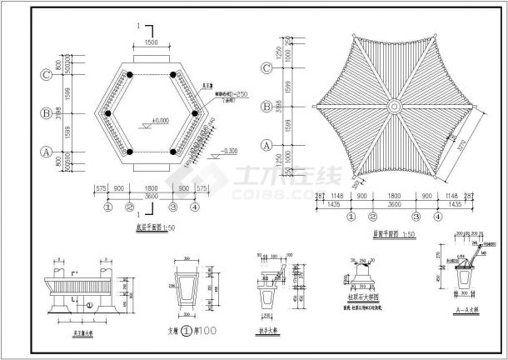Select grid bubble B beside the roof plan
click(266, 107)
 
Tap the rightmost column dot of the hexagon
click(195, 113)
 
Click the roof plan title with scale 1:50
click(389, 236)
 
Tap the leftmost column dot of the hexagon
click(107, 113)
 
